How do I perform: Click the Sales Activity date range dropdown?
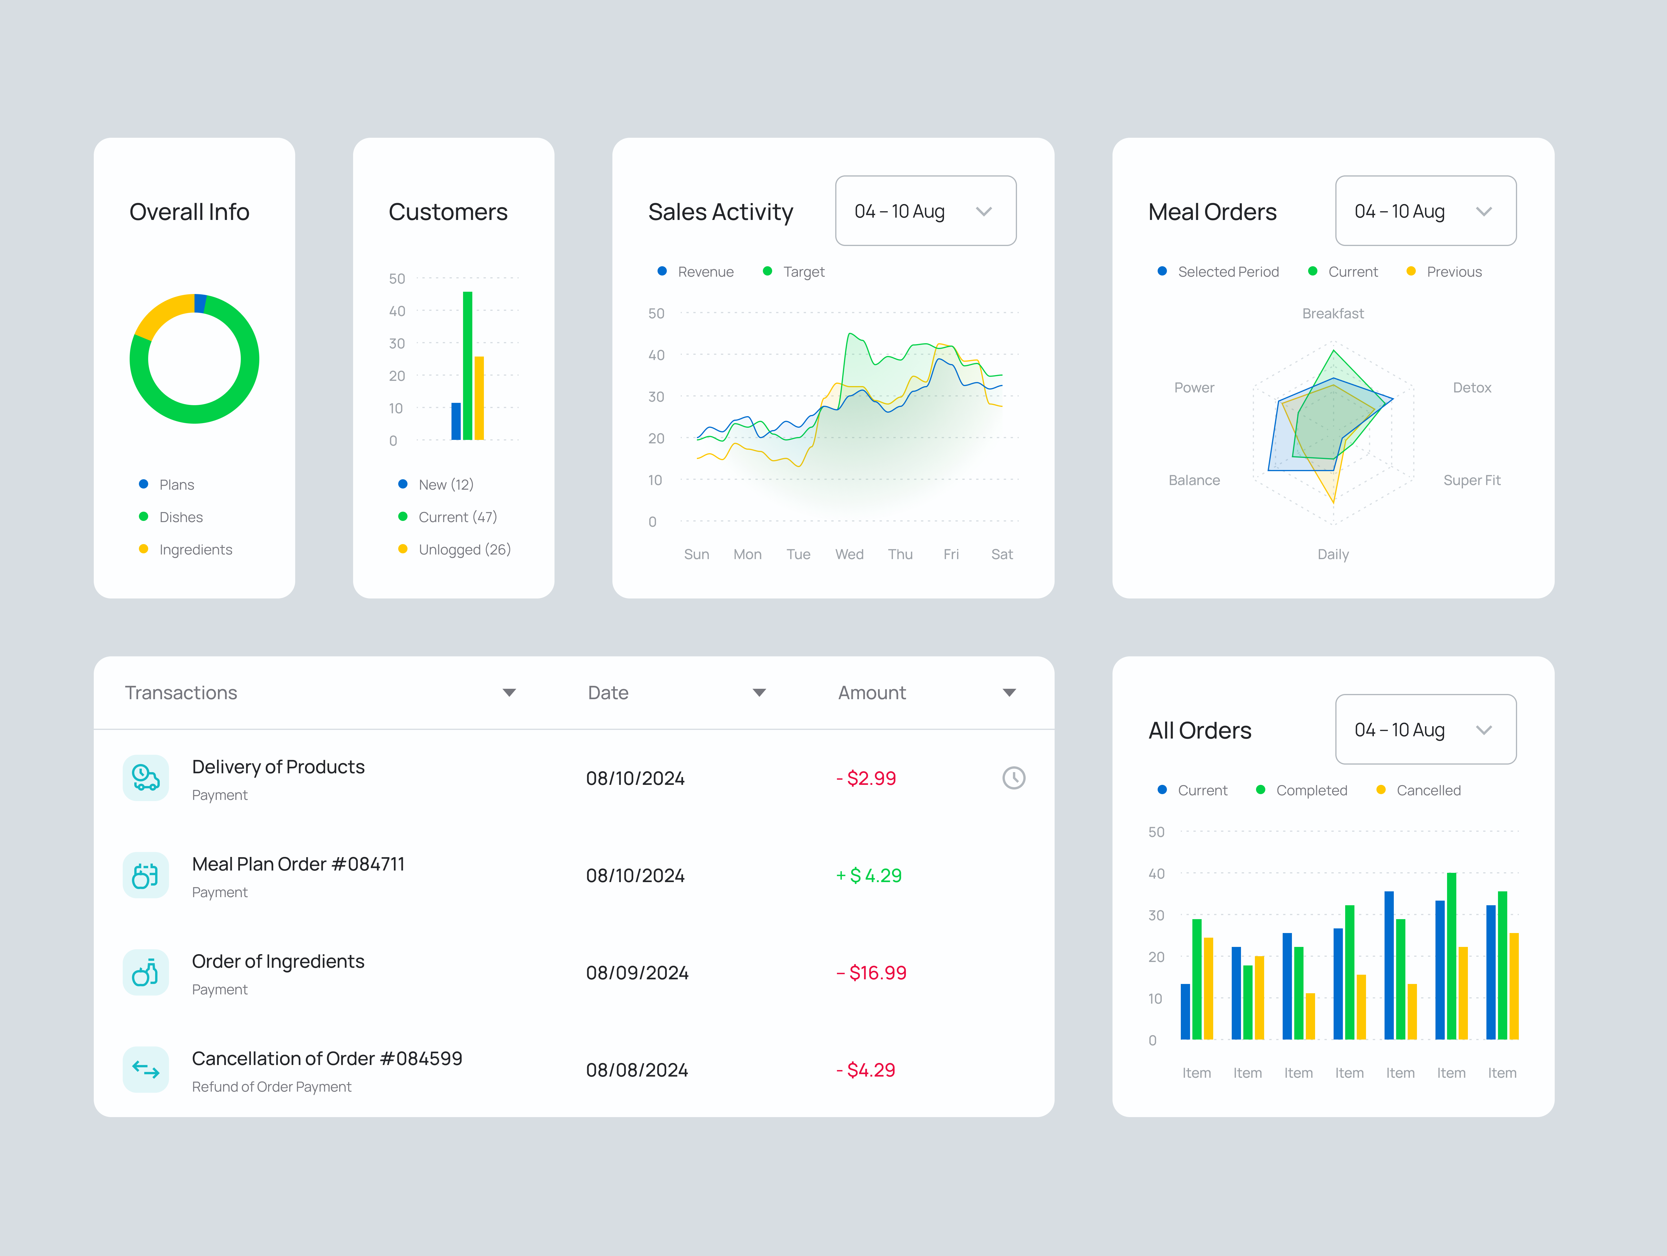tap(926, 211)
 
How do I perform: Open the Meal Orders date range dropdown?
tap(1425, 211)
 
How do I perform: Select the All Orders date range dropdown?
tap(1425, 729)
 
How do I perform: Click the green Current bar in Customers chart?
tap(467, 366)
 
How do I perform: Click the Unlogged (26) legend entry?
tap(463, 549)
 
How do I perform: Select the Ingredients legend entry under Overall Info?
tap(195, 549)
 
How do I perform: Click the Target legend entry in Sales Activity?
tap(803, 272)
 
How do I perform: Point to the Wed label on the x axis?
tap(849, 554)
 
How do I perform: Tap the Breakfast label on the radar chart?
tap(1332, 313)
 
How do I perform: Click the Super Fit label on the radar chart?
tap(1471, 480)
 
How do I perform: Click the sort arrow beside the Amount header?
tap(1009, 693)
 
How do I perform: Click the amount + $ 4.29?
tap(869, 875)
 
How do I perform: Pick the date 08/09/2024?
tap(637, 973)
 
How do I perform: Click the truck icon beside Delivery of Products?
tap(146, 778)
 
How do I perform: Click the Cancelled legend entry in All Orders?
tap(1427, 790)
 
